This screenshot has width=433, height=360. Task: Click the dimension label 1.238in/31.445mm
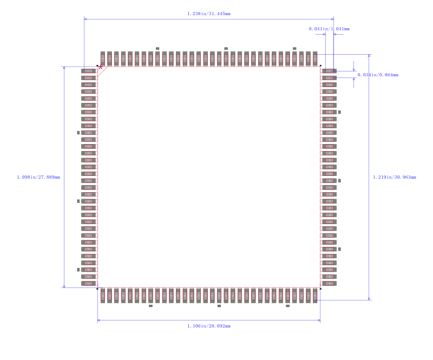[x=209, y=14]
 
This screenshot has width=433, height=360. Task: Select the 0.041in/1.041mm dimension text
[x=329, y=29]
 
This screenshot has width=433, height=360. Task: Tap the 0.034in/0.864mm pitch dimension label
[x=378, y=75]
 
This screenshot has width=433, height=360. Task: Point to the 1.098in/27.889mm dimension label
[x=38, y=177]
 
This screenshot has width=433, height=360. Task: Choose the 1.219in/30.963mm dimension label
[x=395, y=177]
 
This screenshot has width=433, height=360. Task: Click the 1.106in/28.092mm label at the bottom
[x=209, y=326]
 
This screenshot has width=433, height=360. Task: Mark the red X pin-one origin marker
[x=100, y=67]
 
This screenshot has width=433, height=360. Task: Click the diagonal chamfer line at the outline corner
[x=103, y=71]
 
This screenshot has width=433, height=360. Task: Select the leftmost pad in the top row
[x=103, y=58]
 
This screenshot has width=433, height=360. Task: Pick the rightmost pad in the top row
[x=315, y=58]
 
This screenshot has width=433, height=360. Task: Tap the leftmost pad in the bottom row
[x=103, y=295]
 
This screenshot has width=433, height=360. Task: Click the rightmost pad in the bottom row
[x=315, y=295]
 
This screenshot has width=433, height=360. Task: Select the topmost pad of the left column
[x=89, y=71]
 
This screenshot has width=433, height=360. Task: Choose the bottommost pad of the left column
[x=89, y=283]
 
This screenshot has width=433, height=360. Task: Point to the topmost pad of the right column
[x=329, y=71]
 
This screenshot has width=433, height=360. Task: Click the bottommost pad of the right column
[x=329, y=283]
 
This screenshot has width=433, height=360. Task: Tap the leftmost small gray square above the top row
[x=158, y=48]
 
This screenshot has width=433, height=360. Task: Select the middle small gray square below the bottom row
[x=219, y=306]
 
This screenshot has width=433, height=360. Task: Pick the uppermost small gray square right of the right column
[x=339, y=112]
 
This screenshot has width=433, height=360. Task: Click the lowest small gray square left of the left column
[x=78, y=270]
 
